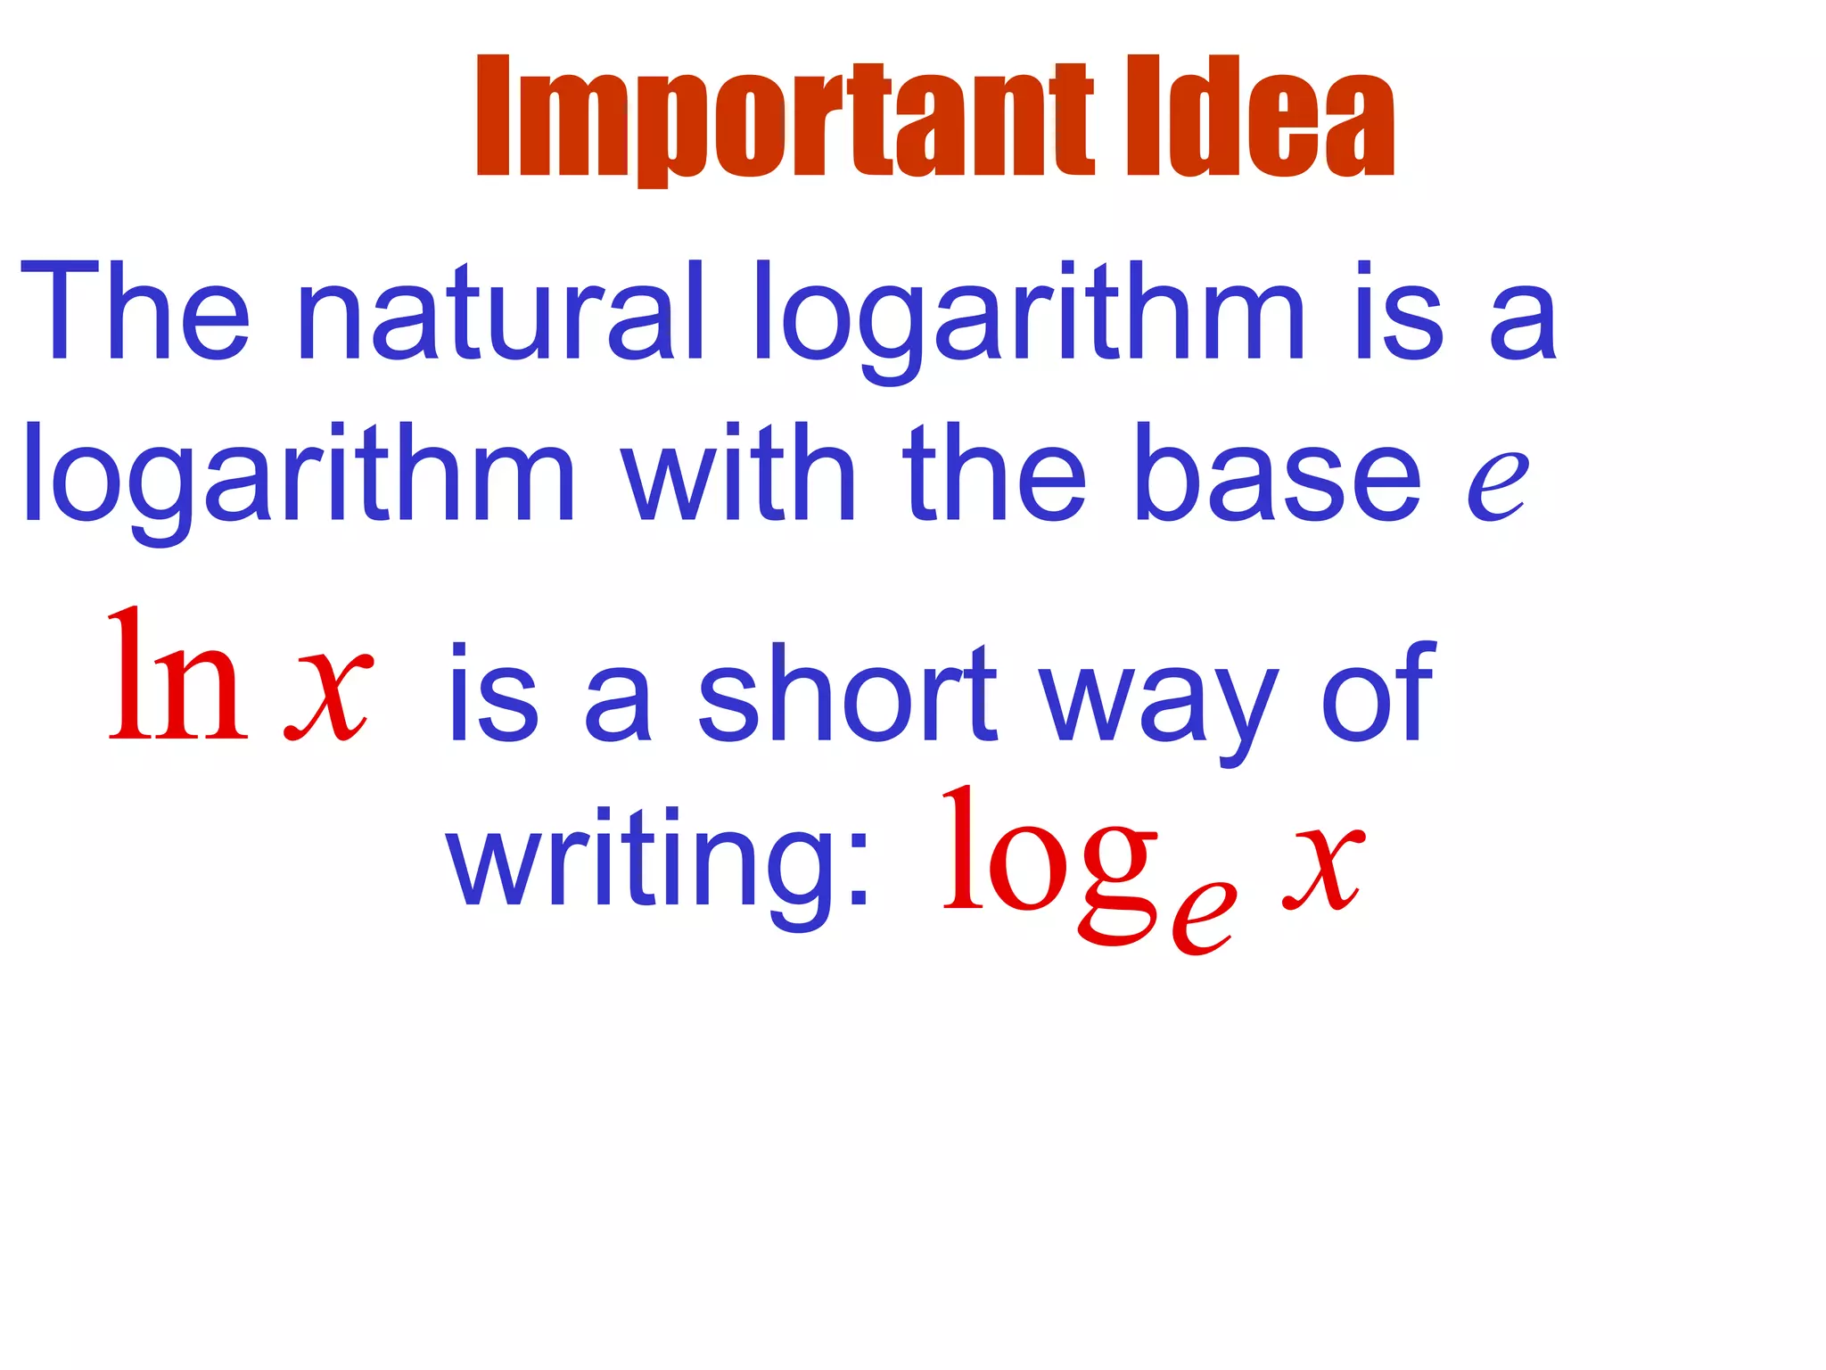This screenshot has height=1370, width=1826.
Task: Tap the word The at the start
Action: [135, 311]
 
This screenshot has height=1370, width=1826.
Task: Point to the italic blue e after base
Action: [1497, 486]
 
